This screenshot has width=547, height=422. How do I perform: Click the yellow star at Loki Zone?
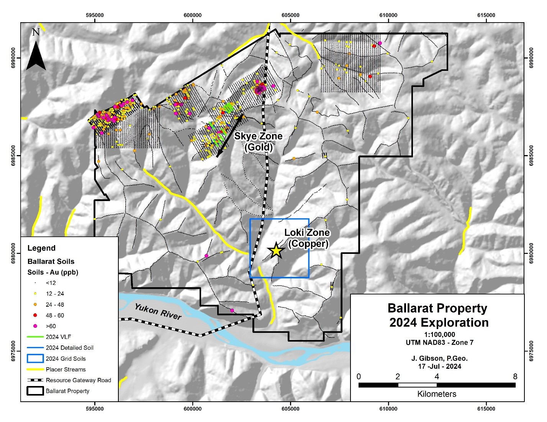tap(276, 251)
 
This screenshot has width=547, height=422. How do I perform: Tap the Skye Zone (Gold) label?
tap(259, 141)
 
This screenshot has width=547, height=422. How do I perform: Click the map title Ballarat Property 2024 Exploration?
tap(437, 315)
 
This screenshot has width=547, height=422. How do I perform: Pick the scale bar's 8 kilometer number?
tap(515, 376)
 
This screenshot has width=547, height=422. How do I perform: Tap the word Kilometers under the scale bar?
tap(437, 394)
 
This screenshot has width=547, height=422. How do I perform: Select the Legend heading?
tap(41, 248)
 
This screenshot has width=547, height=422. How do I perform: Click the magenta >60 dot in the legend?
tap(35, 326)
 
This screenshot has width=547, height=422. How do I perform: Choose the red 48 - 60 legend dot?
tap(35, 316)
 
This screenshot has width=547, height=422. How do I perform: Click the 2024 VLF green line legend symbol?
tap(35, 337)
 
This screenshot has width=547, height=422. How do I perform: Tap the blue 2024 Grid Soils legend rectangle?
tap(35, 359)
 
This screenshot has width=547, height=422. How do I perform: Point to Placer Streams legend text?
tap(66, 370)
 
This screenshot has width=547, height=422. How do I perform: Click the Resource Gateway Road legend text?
tap(78, 380)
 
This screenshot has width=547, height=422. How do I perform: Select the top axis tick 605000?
tap(290, 15)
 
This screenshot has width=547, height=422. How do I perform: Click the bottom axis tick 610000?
tap(388, 409)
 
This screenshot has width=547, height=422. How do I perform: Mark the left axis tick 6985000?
tap(16, 155)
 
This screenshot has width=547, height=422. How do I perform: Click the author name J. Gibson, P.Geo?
tap(439, 358)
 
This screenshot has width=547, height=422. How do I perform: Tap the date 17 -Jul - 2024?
tap(439, 366)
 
